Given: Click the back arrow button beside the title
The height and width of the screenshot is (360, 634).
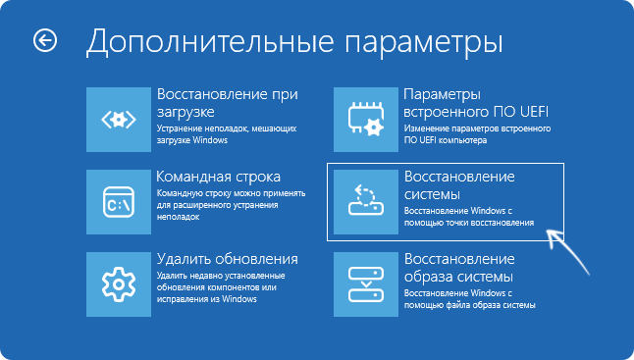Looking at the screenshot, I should coord(45,40).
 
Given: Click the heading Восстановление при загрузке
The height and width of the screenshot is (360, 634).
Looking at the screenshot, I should coord(226,104).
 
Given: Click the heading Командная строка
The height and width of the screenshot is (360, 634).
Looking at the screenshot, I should coord(219,177).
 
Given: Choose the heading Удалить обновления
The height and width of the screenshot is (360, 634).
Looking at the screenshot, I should coord(227,259).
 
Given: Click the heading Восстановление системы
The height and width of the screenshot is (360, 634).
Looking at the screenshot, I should coord(459,185).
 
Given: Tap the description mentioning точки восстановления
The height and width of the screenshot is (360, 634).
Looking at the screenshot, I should coord(469,217).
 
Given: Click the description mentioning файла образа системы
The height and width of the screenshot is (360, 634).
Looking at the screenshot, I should coord(469,299).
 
